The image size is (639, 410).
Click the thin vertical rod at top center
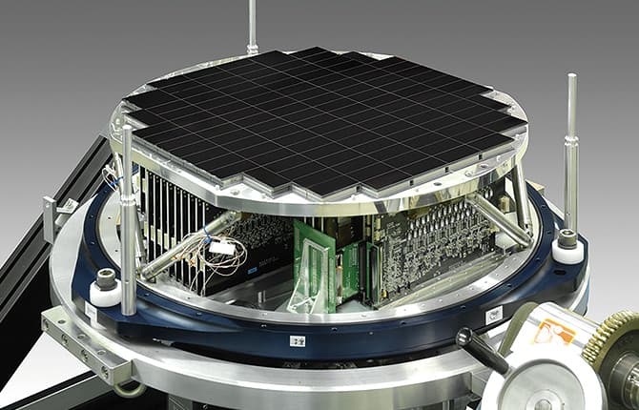point(252,24)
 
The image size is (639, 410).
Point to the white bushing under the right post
point(569,249)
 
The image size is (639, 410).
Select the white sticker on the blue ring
point(493,315)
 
